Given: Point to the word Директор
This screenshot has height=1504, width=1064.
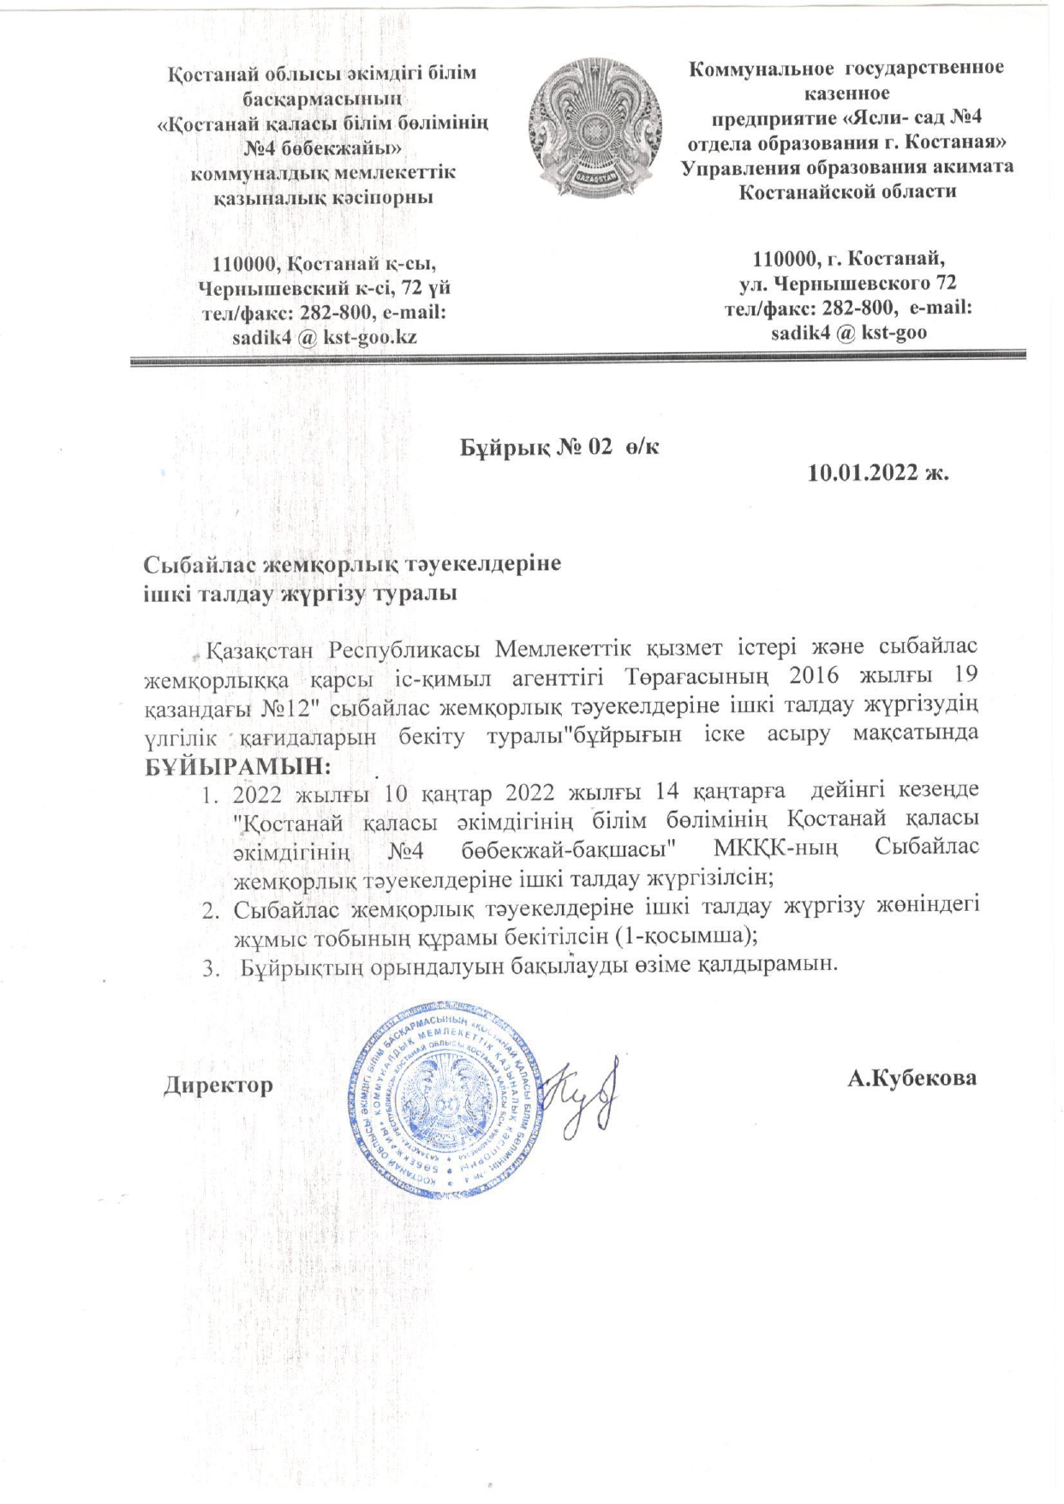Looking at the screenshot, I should click(x=218, y=1085).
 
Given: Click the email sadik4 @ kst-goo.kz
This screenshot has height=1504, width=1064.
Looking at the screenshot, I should click(x=325, y=337).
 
